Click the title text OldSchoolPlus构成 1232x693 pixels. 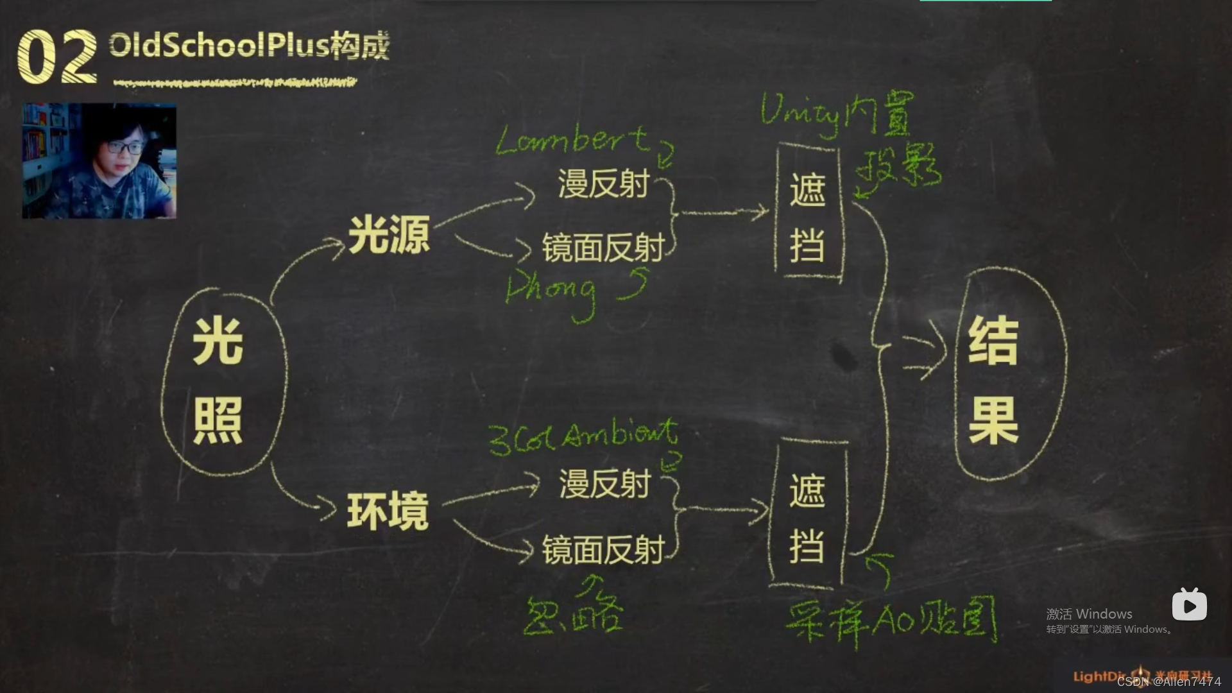click(x=249, y=46)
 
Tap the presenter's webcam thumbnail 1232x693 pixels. click(x=99, y=161)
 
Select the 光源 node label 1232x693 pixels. click(x=389, y=235)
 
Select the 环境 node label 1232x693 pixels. click(x=388, y=511)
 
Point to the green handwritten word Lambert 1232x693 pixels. click(x=571, y=141)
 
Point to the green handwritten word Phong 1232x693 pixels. click(x=552, y=292)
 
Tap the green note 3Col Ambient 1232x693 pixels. click(x=583, y=437)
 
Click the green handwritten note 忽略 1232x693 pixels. click(x=573, y=612)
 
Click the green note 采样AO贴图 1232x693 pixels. click(x=891, y=620)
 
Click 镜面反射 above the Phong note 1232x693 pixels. click(x=603, y=248)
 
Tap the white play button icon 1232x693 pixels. click(x=1189, y=605)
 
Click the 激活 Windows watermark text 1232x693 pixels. click(x=1089, y=614)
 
